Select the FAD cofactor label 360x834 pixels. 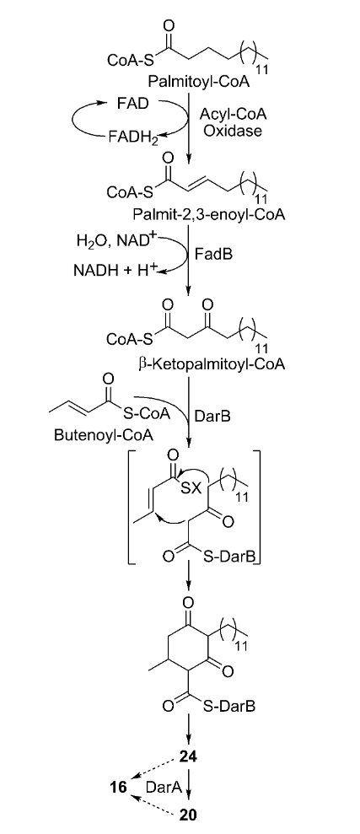pos(133,103)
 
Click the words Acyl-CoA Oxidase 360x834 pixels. pos(225,122)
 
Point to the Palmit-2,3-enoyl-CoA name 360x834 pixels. pos(210,215)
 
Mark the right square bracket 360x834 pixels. pos(257,508)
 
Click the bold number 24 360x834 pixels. pos(188,756)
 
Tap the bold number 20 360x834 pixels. pos(188,815)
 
